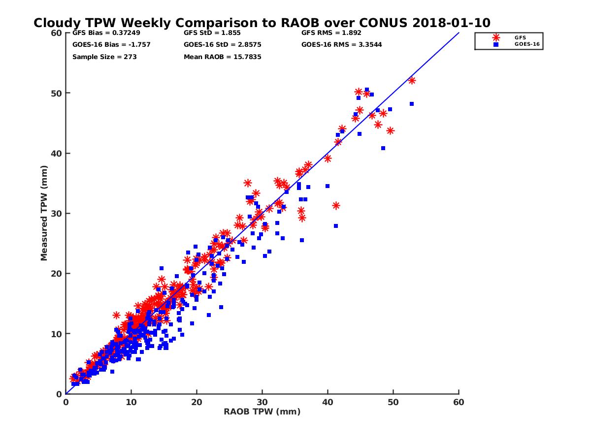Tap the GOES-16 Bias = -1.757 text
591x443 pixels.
[111, 44]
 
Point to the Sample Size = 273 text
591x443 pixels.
[104, 57]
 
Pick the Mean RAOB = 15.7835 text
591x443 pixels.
[222, 57]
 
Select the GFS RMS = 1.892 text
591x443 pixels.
[331, 33]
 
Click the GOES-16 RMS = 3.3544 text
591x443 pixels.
[341, 44]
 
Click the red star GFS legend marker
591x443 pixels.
[496, 37]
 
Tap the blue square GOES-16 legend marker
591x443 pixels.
[496, 44]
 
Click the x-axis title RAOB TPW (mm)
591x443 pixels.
[262, 412]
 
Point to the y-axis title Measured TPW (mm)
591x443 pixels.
[44, 213]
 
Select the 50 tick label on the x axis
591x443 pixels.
[394, 402]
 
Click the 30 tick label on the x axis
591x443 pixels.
[262, 402]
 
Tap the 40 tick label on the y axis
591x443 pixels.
[57, 153]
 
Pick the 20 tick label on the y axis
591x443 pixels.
[57, 274]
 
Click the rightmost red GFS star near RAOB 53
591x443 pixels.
[412, 80]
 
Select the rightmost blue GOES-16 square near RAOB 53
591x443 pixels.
[412, 104]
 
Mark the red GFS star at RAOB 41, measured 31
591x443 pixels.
[336, 205]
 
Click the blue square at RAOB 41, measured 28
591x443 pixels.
[336, 226]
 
